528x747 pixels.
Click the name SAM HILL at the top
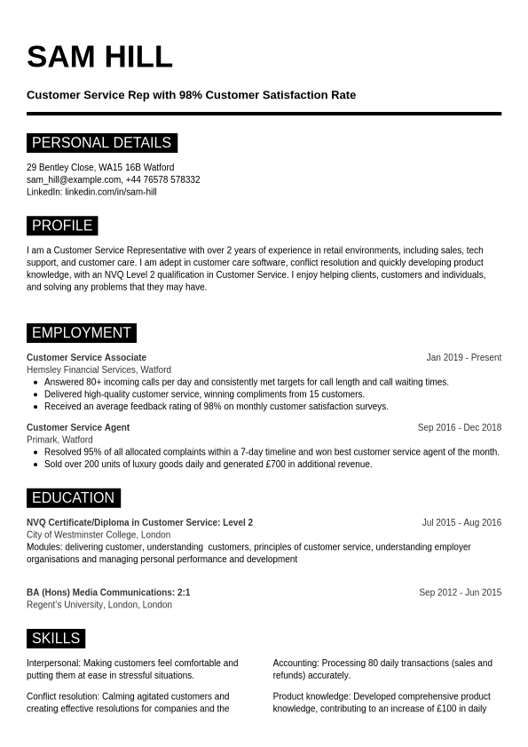[x=99, y=57]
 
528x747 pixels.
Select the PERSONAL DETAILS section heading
[x=101, y=143]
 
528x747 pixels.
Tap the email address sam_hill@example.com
[x=74, y=179]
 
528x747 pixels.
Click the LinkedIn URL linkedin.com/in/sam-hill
[x=111, y=192]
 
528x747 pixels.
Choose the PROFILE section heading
[x=62, y=226]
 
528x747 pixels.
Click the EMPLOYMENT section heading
[x=81, y=333]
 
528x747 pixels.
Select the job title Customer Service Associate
[x=86, y=358]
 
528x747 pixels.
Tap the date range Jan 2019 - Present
[x=463, y=358]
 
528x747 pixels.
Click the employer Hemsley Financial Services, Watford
[x=99, y=370]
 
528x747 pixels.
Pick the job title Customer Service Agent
[x=78, y=427]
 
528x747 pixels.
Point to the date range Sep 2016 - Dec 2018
[x=459, y=427]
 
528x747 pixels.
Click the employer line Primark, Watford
[x=59, y=440]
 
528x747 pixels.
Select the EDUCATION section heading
[x=73, y=498]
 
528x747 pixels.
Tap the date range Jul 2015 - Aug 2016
[x=461, y=522]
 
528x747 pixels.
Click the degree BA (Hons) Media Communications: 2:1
[x=108, y=592]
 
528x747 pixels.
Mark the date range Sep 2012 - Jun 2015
[x=460, y=592]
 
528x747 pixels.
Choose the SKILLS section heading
[x=55, y=639]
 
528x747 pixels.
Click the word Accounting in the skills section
[x=295, y=664]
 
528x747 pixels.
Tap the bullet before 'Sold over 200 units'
[x=35, y=465]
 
